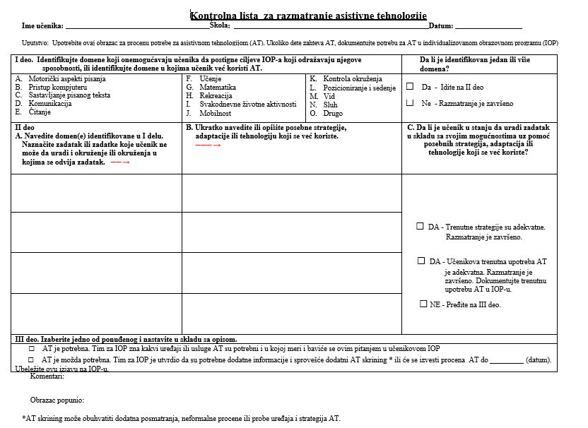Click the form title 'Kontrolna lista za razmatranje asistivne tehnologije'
(x=309, y=16)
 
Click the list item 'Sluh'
(x=330, y=104)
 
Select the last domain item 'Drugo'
(x=332, y=112)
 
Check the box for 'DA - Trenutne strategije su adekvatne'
(x=420, y=227)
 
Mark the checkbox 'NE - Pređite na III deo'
(x=423, y=304)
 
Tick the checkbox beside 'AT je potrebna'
(x=31, y=349)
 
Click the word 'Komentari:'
(x=48, y=377)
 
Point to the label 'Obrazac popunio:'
(x=57, y=400)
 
